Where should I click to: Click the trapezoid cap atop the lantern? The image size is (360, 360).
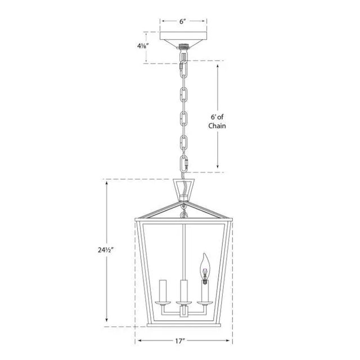[184, 190]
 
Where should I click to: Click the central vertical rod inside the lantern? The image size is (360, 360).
[184, 247]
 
